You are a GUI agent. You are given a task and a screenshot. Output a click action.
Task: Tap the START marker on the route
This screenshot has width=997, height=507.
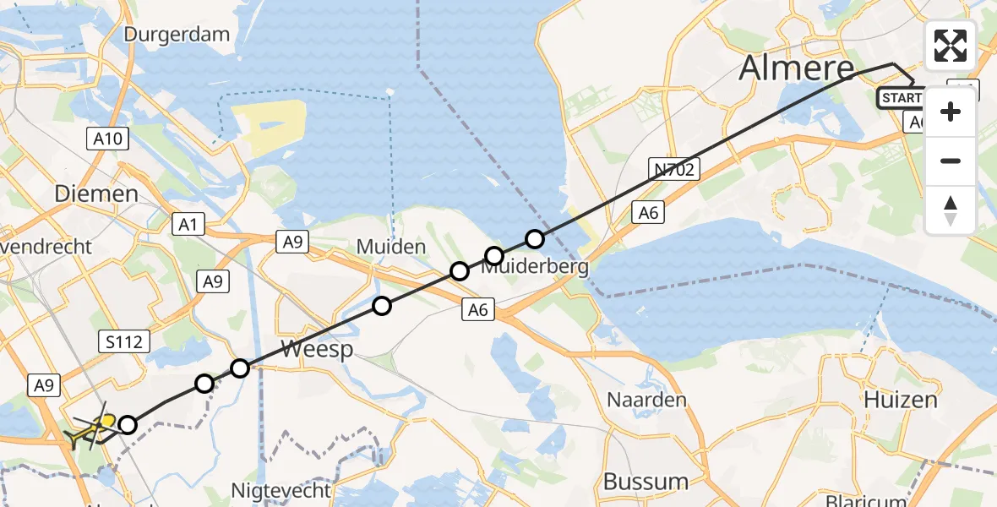[x=901, y=98]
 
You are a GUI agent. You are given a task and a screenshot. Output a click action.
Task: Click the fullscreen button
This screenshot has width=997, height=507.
[x=951, y=46]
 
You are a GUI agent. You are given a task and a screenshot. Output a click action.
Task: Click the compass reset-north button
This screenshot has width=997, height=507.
[x=951, y=210]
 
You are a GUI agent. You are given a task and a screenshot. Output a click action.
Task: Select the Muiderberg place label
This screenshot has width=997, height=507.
[x=536, y=268]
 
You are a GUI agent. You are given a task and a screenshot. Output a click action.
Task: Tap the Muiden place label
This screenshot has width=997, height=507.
[x=390, y=248]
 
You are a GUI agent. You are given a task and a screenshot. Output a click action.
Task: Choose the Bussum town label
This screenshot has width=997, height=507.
[x=646, y=482]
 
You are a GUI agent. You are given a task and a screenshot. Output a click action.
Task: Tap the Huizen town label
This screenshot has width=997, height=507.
[x=901, y=400]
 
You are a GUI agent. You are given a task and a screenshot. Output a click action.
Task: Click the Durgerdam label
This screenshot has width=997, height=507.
[x=177, y=35]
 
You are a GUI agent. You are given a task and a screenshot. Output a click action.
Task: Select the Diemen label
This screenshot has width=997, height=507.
[x=95, y=194]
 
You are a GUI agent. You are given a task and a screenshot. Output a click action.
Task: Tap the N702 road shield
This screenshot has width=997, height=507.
[x=673, y=170]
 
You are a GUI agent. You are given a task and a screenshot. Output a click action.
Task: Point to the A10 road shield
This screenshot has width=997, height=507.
[x=107, y=139]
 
